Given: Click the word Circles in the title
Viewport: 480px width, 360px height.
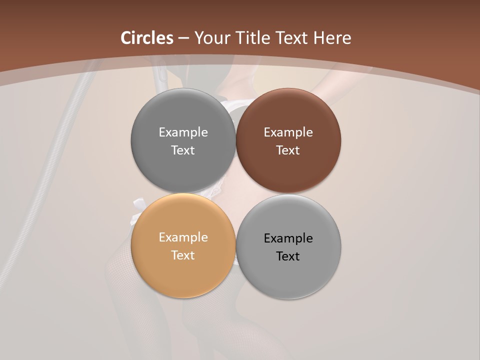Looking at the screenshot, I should [146, 38].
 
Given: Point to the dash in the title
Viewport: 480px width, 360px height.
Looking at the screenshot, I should [183, 38].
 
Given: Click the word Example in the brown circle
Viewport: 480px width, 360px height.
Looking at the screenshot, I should [288, 132].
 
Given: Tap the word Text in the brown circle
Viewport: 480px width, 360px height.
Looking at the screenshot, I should [288, 150].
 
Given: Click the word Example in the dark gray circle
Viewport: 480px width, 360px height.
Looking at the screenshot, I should [183, 132].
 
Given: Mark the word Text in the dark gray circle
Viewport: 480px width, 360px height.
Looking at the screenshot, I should [183, 150].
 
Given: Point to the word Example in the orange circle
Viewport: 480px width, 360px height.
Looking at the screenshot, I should [183, 237].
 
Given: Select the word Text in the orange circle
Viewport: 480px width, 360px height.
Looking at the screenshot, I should [183, 255].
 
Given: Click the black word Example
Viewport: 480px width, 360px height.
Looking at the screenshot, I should [288, 238].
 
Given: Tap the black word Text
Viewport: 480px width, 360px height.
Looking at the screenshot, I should [288, 256].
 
